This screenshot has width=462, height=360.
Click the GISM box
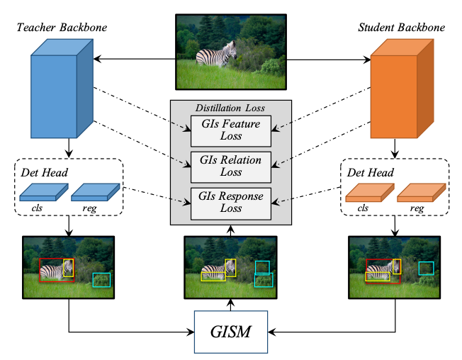click(230, 331)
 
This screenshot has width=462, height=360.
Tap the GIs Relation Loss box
click(231, 165)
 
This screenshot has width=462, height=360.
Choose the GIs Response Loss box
click(231, 203)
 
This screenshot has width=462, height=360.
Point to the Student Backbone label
click(402, 28)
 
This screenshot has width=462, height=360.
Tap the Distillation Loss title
click(230, 108)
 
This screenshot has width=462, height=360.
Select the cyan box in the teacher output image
click(102, 280)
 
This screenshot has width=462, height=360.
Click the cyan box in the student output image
click(426, 267)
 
